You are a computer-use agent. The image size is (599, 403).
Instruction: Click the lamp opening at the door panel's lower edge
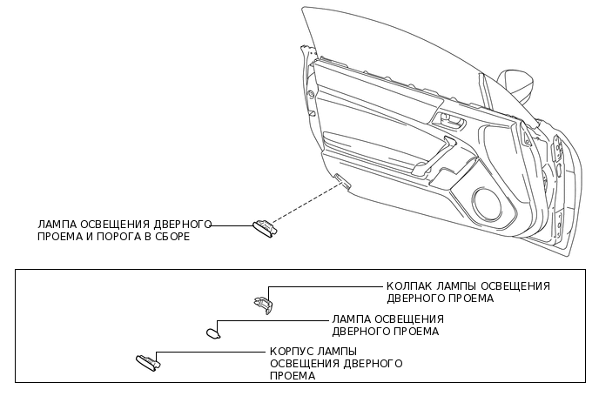pyautogui.click(x=341, y=182)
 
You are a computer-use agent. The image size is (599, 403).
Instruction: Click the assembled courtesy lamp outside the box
pyautogui.click(x=263, y=228)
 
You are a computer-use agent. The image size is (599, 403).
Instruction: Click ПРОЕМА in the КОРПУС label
pyautogui.click(x=293, y=376)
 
